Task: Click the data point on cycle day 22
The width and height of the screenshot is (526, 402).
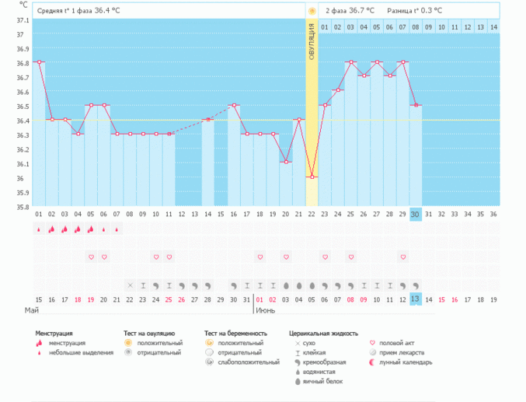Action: (x=312, y=177)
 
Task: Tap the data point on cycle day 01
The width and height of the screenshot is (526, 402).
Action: (x=39, y=61)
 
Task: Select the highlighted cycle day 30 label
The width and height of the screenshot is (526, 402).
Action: (x=416, y=214)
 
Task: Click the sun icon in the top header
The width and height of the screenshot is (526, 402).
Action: (x=312, y=11)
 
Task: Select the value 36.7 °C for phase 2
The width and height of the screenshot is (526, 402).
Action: (x=361, y=11)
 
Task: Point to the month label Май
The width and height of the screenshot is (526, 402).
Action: (x=32, y=310)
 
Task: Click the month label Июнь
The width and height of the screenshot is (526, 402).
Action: (x=264, y=310)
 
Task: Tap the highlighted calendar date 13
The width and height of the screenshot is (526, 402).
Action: (x=416, y=299)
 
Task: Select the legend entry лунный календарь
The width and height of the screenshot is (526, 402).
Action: (x=411, y=362)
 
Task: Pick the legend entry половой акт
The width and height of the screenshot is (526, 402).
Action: (x=407, y=342)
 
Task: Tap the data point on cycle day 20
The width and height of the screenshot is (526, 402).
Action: (x=286, y=162)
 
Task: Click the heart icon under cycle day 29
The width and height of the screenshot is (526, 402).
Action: (x=402, y=257)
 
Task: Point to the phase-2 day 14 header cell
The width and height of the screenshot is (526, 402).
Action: (x=493, y=26)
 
